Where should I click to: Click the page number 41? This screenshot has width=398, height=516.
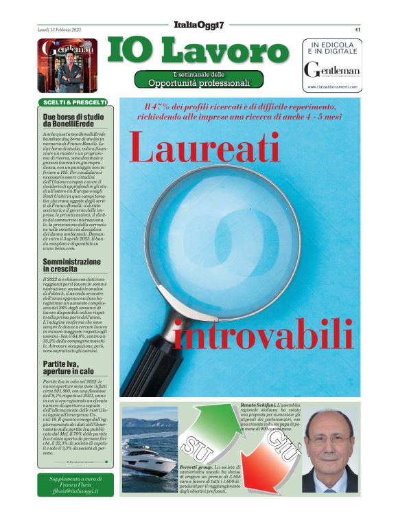coord(358,30)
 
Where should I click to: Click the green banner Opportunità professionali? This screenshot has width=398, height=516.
coord(199,83)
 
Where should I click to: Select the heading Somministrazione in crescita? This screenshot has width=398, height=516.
coord(72,266)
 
